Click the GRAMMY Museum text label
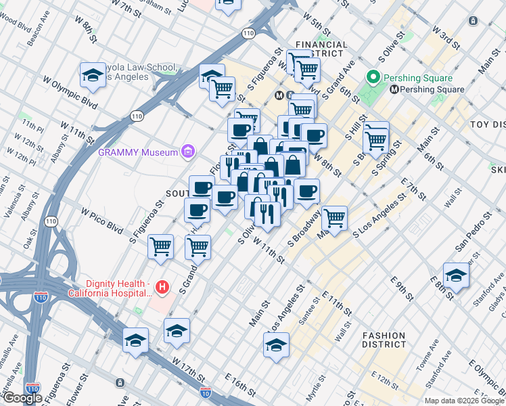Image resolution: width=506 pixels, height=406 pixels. coord(138,152)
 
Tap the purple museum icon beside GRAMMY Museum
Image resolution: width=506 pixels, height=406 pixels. coord(188,151)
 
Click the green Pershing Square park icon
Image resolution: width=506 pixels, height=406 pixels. coord(372,77)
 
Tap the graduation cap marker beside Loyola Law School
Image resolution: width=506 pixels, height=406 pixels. coord(93,76)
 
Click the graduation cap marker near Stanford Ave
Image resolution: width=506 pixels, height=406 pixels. coord(457,275)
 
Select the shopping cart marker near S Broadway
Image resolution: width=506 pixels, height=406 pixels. coord(334,219)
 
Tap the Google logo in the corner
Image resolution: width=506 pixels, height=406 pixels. coord(22,398)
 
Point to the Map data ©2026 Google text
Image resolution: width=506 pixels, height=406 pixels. coord(464,401)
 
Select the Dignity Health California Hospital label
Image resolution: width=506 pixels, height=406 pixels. coord(109,288)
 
